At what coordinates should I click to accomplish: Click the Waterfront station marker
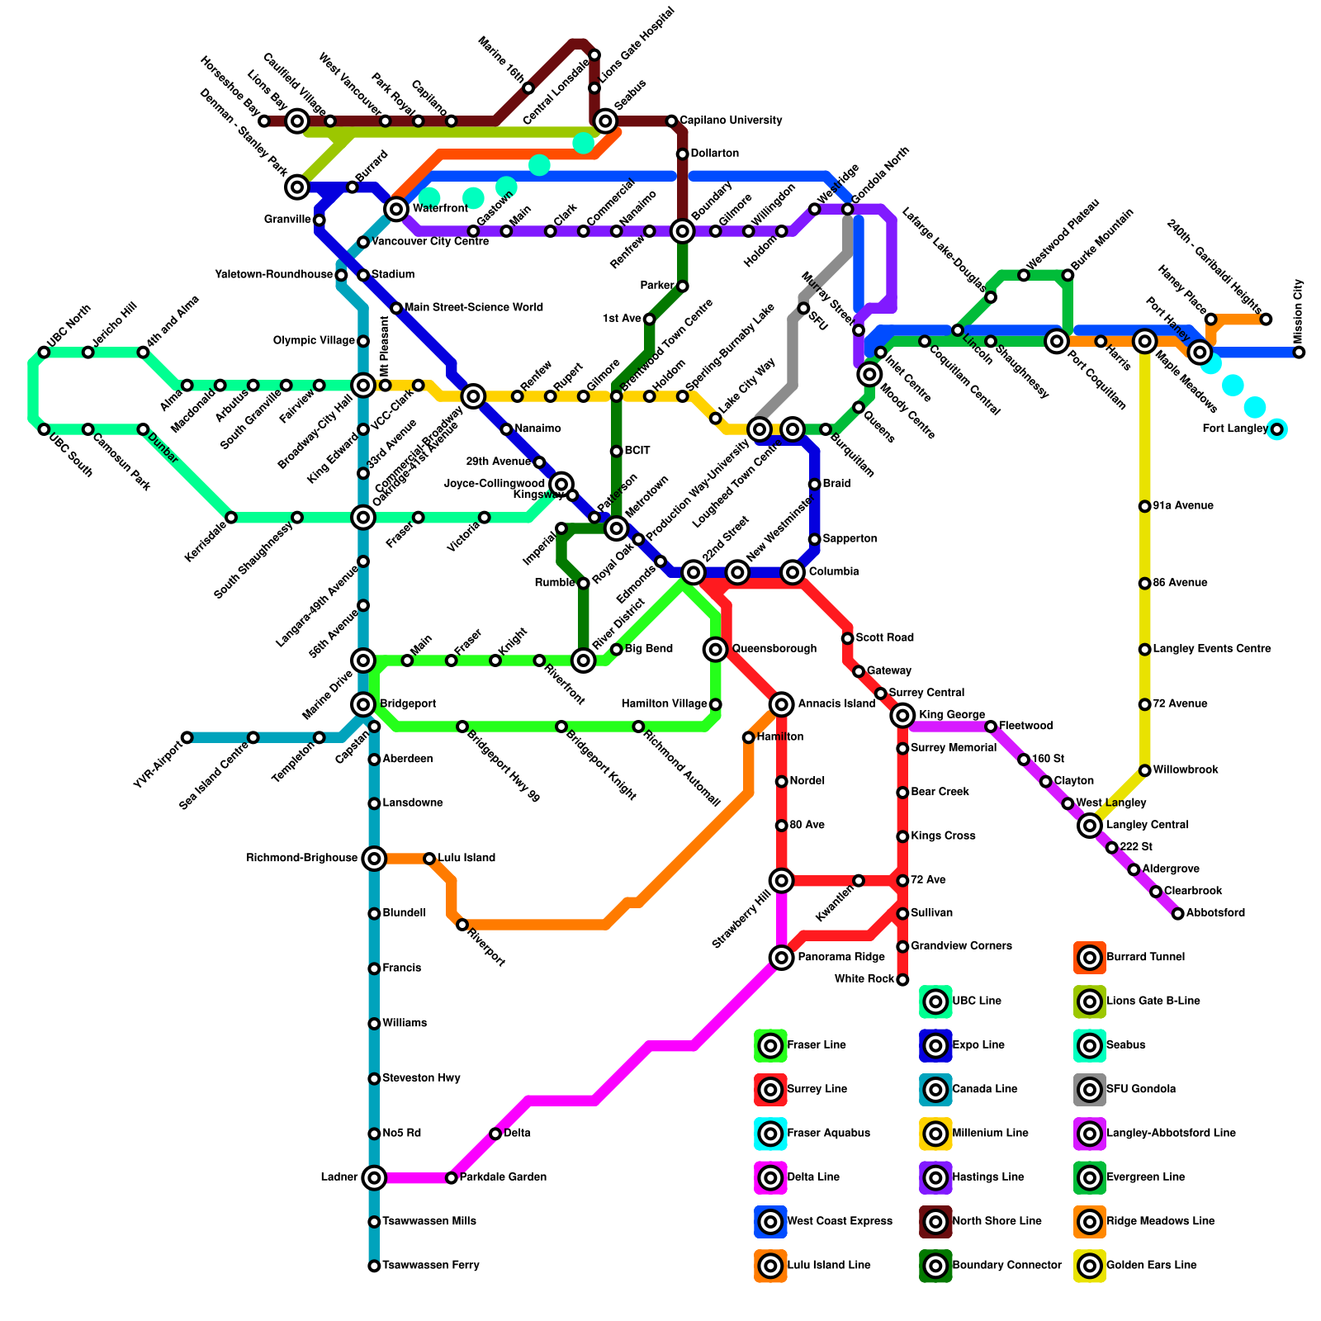397,208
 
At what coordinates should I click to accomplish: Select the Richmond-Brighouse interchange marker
374,859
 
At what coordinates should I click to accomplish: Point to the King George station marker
903,715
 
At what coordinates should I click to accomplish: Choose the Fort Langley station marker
1277,429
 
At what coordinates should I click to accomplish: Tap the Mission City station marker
1300,353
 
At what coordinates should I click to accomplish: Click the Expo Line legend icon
935,1046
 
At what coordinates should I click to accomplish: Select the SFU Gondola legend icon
1090,1090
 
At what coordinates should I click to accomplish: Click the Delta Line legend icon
770,1177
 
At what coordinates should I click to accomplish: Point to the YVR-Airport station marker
187,737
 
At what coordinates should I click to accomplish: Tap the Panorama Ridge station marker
781,958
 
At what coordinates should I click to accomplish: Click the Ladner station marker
374,1177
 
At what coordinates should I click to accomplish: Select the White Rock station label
864,979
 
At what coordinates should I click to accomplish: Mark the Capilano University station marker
671,121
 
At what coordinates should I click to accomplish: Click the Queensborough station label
774,649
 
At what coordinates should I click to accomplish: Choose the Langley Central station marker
1090,825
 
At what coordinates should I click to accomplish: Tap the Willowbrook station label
1186,770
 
